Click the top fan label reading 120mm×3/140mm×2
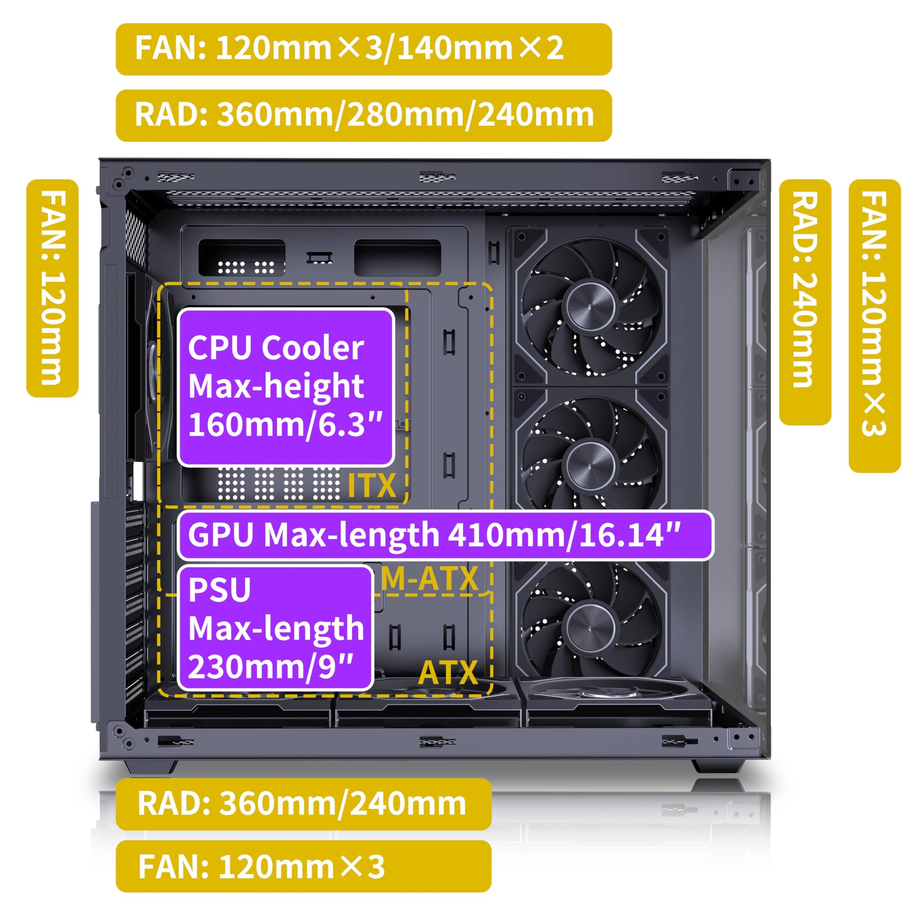coord(364,49)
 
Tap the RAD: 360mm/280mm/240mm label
coord(364,115)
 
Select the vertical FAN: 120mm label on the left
coord(52,288)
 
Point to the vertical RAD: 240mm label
coord(805,302)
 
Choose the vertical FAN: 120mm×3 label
coord(875,326)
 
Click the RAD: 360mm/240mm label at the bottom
coord(304,804)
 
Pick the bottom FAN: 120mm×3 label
coord(304,866)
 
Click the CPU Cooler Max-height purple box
coord(285,387)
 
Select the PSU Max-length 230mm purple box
coord(275,628)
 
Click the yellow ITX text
coord(372,486)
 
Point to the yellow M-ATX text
coord(430,579)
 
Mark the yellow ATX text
coord(448,672)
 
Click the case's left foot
coord(150,767)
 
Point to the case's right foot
coord(718,767)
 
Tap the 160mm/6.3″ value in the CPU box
coord(285,424)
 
